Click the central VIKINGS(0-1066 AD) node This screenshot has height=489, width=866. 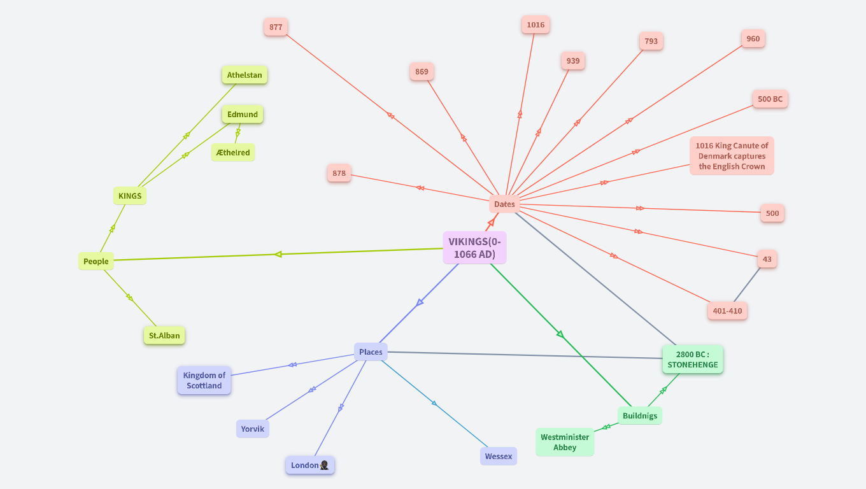point(474,248)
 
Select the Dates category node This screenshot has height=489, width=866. point(504,204)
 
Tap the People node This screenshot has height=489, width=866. point(96,261)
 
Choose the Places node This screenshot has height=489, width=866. point(371,352)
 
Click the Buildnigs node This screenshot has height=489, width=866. point(639,416)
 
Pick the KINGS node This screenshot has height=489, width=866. point(130,195)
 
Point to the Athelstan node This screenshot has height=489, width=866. point(245,75)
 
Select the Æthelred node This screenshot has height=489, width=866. point(233,153)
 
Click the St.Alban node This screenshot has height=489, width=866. point(164,336)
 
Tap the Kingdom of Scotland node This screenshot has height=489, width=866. point(204,380)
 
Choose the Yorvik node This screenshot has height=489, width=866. point(252,429)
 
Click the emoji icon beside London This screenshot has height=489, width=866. point(325,465)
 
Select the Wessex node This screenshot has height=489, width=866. point(498,456)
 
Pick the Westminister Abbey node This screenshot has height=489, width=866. point(565,442)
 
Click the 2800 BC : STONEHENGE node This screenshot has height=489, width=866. point(692,360)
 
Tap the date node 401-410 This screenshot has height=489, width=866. point(727,311)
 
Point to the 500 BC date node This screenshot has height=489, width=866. point(770,99)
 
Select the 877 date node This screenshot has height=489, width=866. point(276,27)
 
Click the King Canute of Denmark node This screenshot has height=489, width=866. point(732,156)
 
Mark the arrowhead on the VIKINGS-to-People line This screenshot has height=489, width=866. point(278,254)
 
